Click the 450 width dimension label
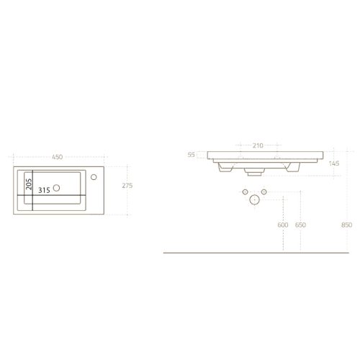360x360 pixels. [58, 157]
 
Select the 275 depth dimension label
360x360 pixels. [127, 186]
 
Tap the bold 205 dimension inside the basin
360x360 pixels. [29, 184]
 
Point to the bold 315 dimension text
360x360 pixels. [45, 190]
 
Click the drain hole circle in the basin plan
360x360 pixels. [56, 188]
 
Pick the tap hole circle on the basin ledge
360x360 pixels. [94, 177]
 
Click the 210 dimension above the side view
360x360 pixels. [258, 145]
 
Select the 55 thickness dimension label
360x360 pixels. [192, 155]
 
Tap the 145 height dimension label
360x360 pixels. [334, 163]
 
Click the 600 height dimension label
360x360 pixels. [283, 225]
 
